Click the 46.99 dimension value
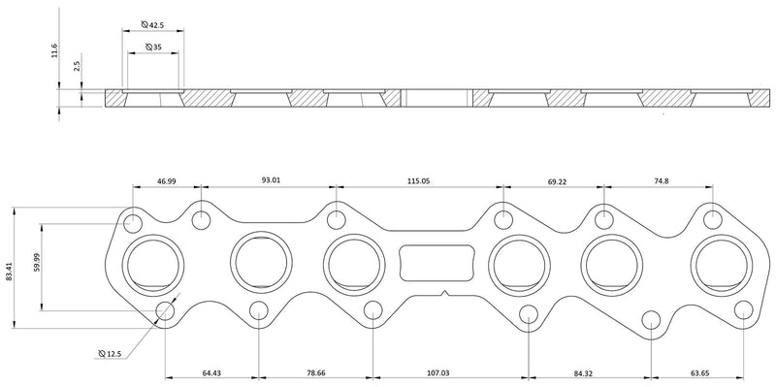(x=167, y=180)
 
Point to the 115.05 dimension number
(x=419, y=180)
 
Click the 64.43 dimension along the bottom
(x=212, y=371)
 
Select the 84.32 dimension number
(x=585, y=371)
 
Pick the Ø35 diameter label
(x=153, y=47)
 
